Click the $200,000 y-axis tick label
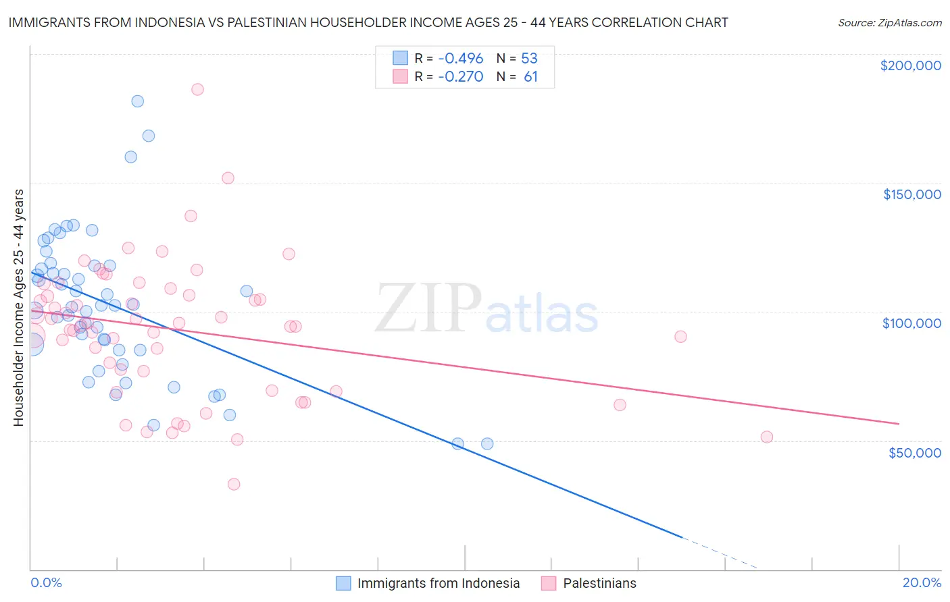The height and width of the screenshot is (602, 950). pos(910,65)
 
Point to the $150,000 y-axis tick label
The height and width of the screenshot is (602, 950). pos(911,194)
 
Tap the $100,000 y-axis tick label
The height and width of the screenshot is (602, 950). pos(911,323)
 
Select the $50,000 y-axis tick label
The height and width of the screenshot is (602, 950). pos(914,453)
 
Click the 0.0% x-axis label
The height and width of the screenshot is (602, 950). pos(46,582)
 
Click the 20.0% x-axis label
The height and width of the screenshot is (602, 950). pos(922,582)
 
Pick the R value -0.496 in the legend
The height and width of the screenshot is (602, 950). pos(460,58)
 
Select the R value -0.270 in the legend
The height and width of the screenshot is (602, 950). pos(460,76)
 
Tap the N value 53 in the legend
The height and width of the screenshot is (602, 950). pos(529,58)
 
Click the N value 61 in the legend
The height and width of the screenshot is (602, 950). pos(530,76)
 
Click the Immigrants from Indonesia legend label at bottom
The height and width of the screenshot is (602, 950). pos(438,583)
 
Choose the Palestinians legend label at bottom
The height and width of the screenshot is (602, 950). pos(599,583)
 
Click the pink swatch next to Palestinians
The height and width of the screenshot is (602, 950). pos(549,583)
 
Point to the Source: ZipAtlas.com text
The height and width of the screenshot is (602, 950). pos(889,22)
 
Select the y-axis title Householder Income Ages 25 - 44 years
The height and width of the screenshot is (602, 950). pos(18,308)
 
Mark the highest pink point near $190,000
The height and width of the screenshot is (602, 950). pos(197,89)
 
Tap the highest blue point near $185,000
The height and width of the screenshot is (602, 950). pos(137,101)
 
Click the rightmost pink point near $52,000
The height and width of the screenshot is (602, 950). pos(767,437)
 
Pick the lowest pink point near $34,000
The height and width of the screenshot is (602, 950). pos(234,484)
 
